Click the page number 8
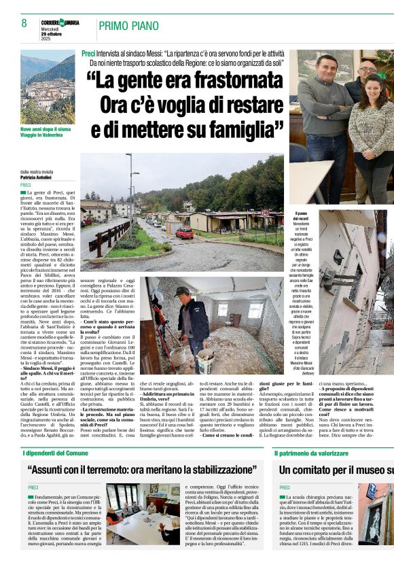(x=24, y=23)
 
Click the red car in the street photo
(x=185, y=233)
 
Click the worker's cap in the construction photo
(x=181, y=290)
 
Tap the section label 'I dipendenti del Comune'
(x=57, y=453)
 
